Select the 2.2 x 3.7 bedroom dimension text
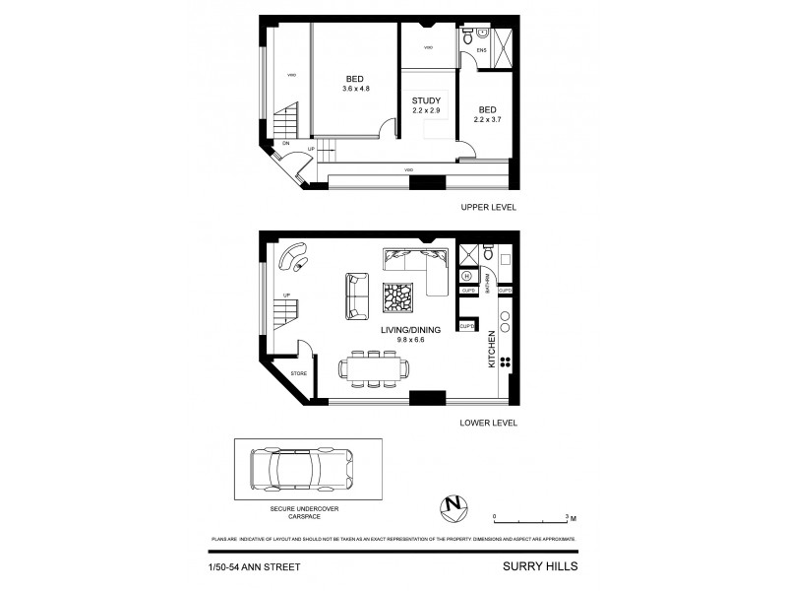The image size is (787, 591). [487, 119]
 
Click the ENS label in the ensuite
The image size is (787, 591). [482, 49]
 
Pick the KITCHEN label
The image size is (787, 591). [493, 350]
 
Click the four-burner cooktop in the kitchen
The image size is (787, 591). [507, 361]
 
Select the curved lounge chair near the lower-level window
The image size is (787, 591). [293, 258]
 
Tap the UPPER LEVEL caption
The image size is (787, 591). [488, 208]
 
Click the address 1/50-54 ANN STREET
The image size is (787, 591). [254, 566]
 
